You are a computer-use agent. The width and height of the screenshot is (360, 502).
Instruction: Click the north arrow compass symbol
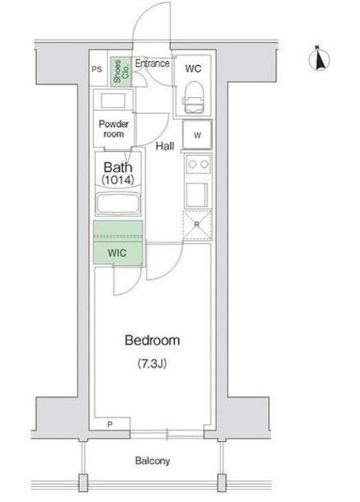(319, 59)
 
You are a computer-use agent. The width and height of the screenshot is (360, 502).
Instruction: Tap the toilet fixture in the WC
(193, 96)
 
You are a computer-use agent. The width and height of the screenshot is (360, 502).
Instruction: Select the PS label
(97, 69)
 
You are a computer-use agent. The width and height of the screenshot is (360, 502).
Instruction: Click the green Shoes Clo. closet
(122, 71)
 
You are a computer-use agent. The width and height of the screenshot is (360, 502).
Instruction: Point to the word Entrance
(152, 63)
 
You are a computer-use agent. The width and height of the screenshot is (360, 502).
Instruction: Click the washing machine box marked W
(197, 134)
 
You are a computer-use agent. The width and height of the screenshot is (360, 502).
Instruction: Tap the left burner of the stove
(192, 164)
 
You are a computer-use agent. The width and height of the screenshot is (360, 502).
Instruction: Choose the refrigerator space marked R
(197, 225)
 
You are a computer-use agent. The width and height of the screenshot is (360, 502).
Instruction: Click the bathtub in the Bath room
(118, 204)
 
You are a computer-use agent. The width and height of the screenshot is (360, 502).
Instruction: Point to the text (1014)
(118, 180)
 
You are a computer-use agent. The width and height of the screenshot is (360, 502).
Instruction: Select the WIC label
(117, 253)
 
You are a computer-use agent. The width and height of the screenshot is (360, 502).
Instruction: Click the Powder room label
(114, 129)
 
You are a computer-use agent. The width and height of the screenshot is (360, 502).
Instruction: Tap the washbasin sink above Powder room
(113, 101)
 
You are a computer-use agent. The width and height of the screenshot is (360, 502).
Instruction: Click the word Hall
(165, 146)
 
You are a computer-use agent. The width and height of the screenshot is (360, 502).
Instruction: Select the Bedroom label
(152, 340)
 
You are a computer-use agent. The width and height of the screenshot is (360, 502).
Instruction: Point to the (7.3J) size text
(152, 364)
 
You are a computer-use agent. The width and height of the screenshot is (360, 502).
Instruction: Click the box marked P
(110, 424)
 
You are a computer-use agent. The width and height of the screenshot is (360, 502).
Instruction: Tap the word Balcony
(152, 460)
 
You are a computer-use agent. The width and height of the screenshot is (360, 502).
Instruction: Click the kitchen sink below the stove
(197, 194)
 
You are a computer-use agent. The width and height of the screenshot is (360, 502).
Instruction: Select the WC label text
(193, 68)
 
